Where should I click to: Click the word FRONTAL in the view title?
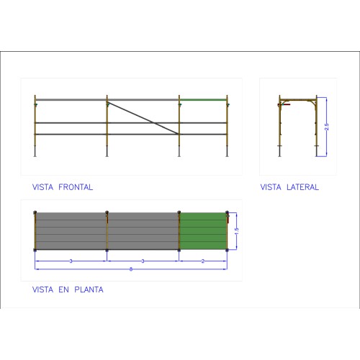[x=76, y=187]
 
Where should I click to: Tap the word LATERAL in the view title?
[x=302, y=187]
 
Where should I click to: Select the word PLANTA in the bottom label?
[x=89, y=289]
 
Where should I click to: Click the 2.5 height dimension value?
[x=326, y=127]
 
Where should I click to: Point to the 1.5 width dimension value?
[x=237, y=231]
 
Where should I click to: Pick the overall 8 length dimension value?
[x=131, y=269]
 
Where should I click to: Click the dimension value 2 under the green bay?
[x=203, y=261]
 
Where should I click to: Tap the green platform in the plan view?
[x=203, y=231]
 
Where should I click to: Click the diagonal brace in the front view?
[x=143, y=118]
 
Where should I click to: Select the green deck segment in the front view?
[x=203, y=99]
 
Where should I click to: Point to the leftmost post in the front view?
[x=35, y=126]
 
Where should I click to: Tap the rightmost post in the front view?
[x=227, y=126]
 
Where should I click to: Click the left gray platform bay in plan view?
[x=71, y=231]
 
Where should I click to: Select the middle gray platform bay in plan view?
[x=143, y=231]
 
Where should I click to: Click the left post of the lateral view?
[x=279, y=126]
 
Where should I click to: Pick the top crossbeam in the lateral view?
[x=298, y=99]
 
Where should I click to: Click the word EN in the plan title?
[x=63, y=289]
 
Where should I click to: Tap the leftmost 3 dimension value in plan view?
[x=71, y=261]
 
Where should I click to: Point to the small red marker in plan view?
[x=228, y=219]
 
